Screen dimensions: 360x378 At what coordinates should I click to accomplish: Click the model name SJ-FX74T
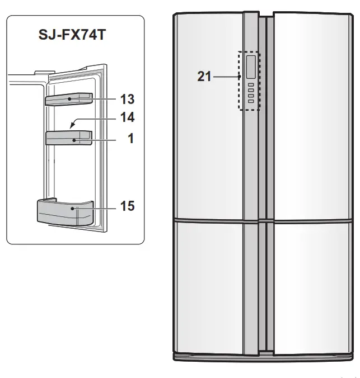[x=72, y=35]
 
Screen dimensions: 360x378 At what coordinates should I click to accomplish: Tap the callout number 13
[x=127, y=99]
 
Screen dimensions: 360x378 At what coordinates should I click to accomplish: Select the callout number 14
[x=127, y=117]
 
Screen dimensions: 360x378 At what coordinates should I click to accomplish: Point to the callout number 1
[x=130, y=138]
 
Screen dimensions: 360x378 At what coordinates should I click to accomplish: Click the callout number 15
[x=127, y=206]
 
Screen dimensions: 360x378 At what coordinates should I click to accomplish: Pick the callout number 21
[x=204, y=76]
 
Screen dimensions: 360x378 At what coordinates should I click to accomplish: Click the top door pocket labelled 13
[x=69, y=99]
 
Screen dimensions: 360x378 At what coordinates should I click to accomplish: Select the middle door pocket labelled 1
[x=69, y=138]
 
